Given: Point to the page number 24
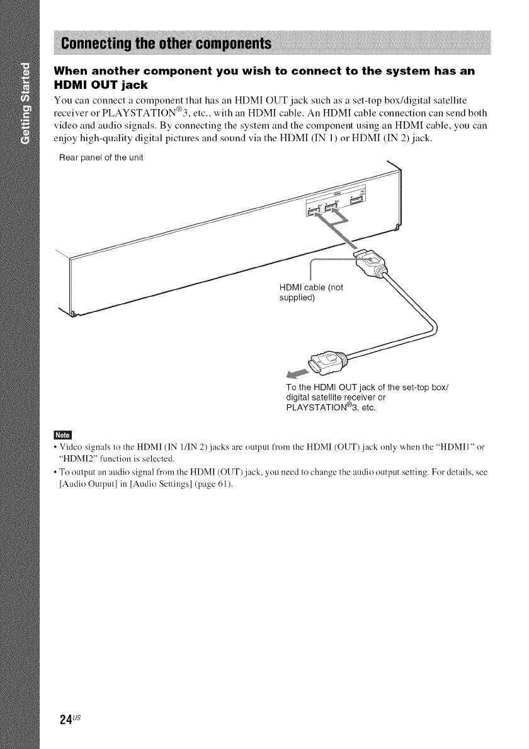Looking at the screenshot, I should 60,719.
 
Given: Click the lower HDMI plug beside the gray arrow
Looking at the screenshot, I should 318,361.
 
